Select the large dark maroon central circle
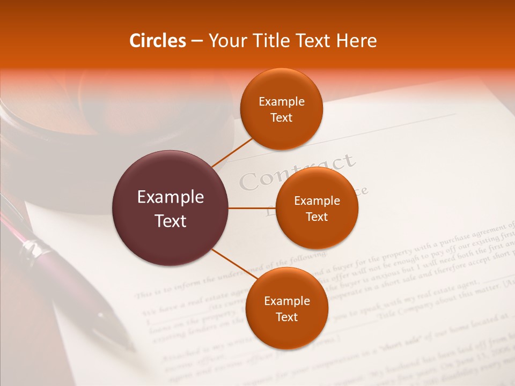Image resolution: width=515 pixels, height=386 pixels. coord(171,208)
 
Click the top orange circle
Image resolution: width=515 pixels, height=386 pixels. coord(282,109)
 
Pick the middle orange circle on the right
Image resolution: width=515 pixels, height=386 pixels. coord(317,208)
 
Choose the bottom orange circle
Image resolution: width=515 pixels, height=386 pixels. coord(286,308)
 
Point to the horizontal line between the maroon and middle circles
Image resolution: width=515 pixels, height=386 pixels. coord(252,208)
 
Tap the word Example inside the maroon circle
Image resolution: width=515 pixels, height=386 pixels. coord(171,197)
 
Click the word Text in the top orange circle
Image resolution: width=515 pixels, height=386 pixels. coord(282,117)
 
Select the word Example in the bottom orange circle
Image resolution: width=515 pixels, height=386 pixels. coord(286,301)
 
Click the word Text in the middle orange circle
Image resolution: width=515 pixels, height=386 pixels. coord(317,217)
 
